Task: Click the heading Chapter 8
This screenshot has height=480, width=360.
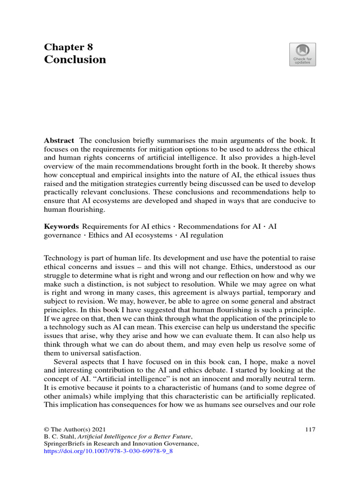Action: (68, 47)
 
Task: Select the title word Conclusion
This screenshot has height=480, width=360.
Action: (75, 60)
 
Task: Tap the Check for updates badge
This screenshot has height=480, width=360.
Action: (302, 54)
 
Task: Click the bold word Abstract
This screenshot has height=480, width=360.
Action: (59, 141)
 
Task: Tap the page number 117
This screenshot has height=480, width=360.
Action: (310, 429)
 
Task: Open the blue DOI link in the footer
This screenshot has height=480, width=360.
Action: (108, 451)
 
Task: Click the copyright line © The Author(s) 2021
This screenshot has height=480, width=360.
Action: (75, 429)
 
